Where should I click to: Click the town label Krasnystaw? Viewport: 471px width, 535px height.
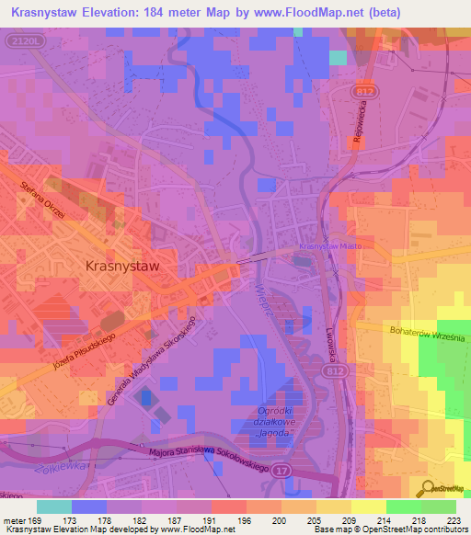point(122,264)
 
